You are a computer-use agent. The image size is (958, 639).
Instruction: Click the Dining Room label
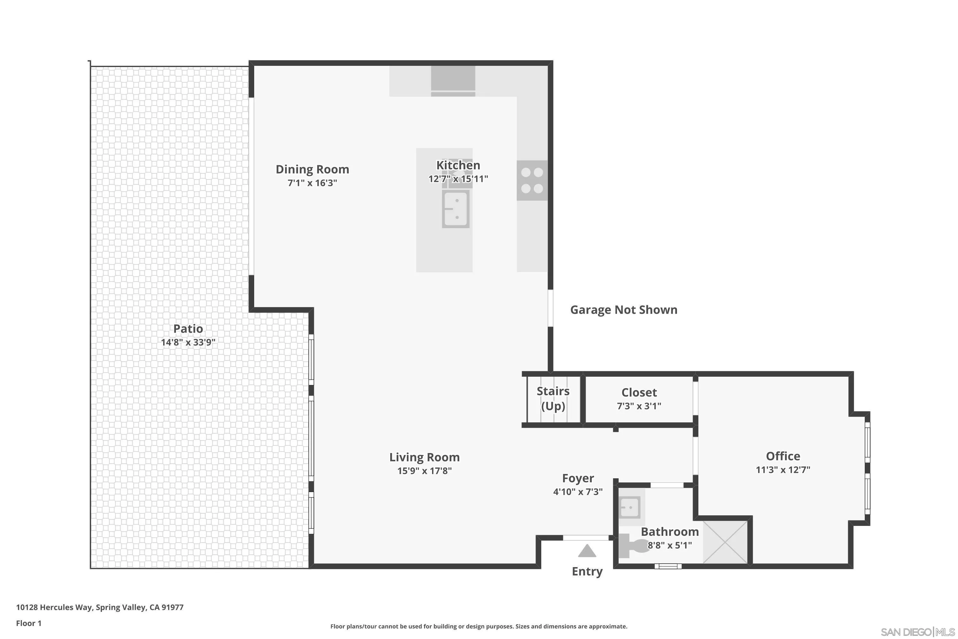312,169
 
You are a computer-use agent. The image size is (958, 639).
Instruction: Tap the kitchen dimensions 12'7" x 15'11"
458,179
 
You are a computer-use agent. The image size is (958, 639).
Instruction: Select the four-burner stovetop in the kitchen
532,181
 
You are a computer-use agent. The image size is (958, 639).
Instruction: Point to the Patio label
188,328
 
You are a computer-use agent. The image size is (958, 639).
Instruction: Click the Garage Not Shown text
623,310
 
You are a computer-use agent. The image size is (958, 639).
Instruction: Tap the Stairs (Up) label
553,398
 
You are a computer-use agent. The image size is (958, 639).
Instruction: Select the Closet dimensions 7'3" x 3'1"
639,406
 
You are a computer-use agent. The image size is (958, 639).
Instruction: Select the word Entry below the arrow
587,571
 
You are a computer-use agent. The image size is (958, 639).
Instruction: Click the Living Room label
424,457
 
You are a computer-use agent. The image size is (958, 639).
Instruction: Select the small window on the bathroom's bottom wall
668,566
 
